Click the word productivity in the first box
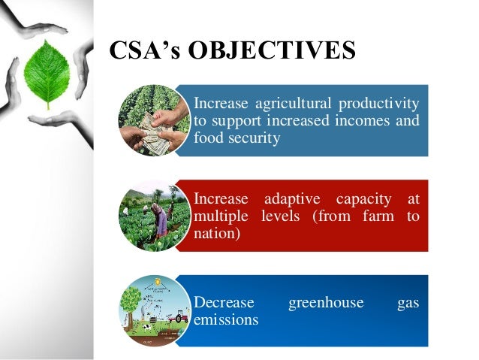[379, 103]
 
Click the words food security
[237, 138]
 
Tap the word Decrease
[224, 303]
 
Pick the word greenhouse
[326, 303]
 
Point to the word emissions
[226, 320]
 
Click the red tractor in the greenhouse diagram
[179, 318]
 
